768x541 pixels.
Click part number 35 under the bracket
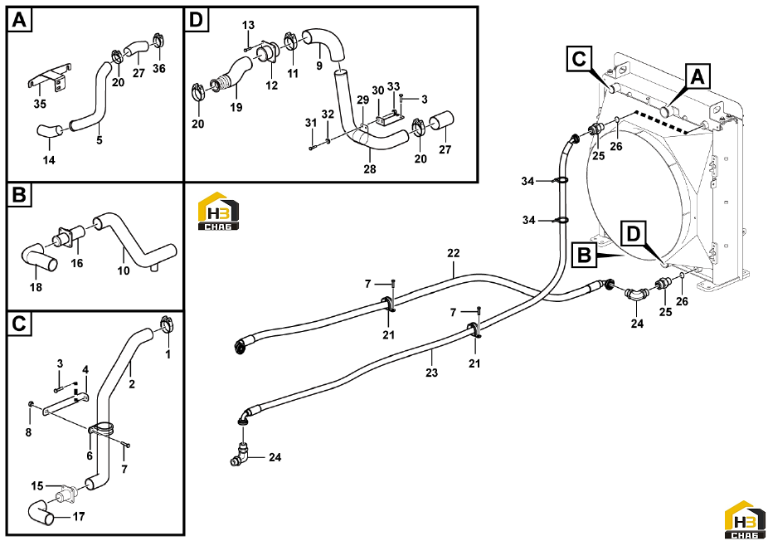(x=40, y=104)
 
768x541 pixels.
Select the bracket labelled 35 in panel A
(x=48, y=77)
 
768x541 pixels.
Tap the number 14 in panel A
(x=49, y=160)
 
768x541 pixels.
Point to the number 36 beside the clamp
(x=158, y=68)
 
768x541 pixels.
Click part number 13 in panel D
(x=248, y=25)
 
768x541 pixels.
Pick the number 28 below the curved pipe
(x=370, y=168)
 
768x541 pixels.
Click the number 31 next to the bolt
(x=311, y=123)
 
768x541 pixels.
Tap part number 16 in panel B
(x=77, y=263)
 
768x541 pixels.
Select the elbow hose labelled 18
(x=37, y=256)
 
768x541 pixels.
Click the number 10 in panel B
(x=124, y=270)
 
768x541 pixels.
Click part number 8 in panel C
(x=28, y=432)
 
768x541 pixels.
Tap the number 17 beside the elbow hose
(x=78, y=516)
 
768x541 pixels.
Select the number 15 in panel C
(x=37, y=486)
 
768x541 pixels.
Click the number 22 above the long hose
(x=454, y=253)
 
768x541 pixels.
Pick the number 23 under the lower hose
(x=431, y=373)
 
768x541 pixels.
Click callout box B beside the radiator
(x=585, y=256)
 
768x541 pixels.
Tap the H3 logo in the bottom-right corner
(x=745, y=519)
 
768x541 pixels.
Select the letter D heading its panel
(x=196, y=20)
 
